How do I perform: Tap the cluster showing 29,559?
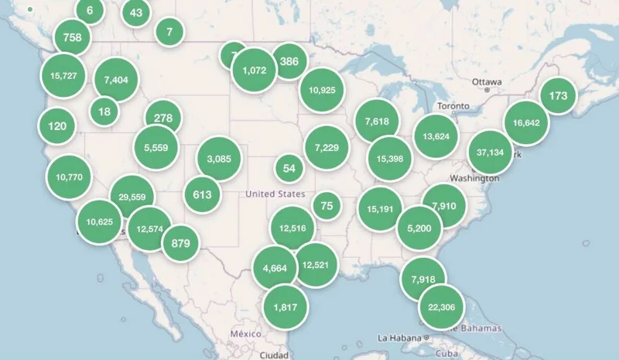[132, 197]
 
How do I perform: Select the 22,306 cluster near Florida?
[441, 307]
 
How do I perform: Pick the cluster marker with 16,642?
[526, 122]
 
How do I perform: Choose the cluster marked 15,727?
[63, 75]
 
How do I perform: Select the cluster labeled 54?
[289, 168]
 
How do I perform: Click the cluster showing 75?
[327, 205]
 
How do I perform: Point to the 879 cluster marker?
[180, 243]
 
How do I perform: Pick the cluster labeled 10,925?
[321, 90]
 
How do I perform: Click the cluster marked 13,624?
[436, 136]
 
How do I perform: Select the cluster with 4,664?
[275, 268]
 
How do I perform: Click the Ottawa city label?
[487, 82]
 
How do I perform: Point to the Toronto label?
[453, 105]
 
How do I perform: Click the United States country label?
[275, 194]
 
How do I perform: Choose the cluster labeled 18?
[104, 111]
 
